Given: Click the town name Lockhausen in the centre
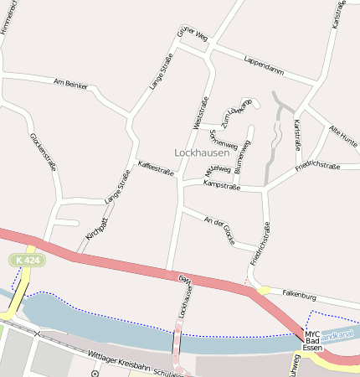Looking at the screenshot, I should [202, 152].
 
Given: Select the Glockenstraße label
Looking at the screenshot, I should [43, 152].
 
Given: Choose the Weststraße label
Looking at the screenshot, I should [201, 112].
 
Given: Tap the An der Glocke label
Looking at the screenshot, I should [219, 230].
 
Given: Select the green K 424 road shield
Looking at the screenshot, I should [27, 261].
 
